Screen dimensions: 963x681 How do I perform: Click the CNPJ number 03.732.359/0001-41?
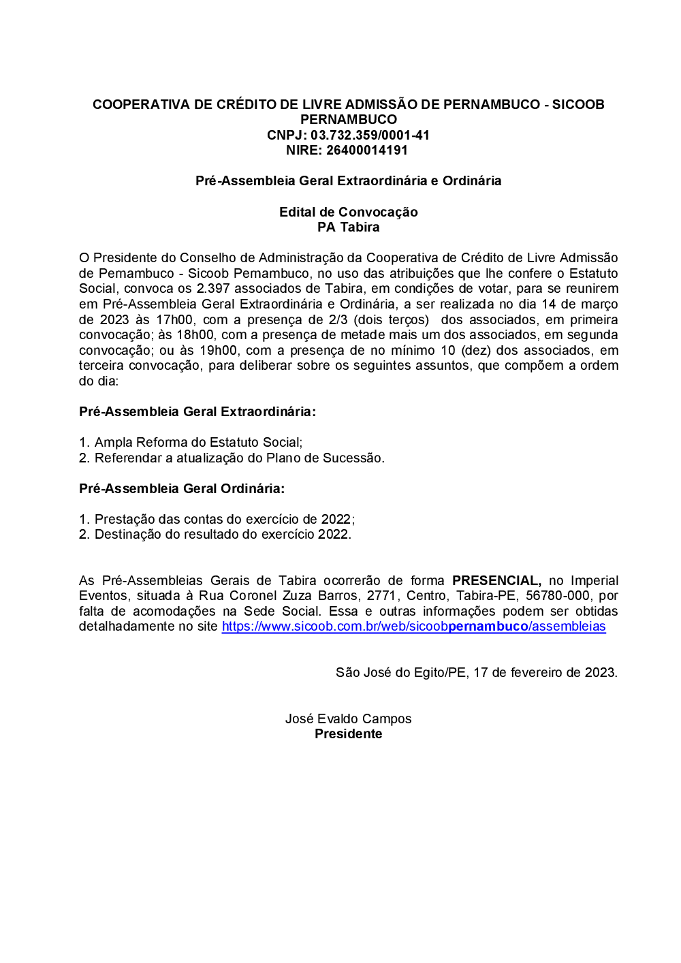370,135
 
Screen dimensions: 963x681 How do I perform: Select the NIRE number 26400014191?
367,150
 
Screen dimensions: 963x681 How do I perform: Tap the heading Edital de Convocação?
348,212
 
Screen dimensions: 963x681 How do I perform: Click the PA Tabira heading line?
348,227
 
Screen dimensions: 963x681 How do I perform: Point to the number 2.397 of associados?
212,289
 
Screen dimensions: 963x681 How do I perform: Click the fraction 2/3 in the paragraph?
338,319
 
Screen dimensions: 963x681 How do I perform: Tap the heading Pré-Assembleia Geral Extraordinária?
197,411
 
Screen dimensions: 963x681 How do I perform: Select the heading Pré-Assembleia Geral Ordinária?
182,488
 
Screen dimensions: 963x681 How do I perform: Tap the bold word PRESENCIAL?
496,580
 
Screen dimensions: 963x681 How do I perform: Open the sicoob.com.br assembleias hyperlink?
413,626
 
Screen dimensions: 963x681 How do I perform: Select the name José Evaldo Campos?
348,719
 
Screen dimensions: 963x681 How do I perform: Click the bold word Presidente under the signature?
348,733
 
